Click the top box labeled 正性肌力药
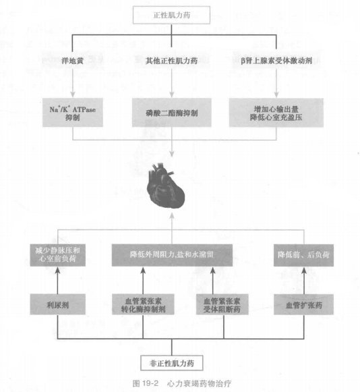[x=171, y=16]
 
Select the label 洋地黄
[x=72, y=61]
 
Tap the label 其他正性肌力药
[x=172, y=61]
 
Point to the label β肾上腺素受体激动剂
[x=276, y=61]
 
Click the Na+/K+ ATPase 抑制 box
[x=73, y=113]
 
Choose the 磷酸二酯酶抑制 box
[x=172, y=113]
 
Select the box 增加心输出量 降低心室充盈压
[x=276, y=113]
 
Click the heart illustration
[x=166, y=185]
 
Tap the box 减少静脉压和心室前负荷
[x=58, y=255]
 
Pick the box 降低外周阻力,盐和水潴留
[x=172, y=255]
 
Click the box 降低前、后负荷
[x=304, y=255]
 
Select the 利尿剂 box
[x=58, y=304]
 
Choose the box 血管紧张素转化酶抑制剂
[x=143, y=304]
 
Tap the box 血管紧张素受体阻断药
[x=222, y=304]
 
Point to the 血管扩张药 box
[x=304, y=304]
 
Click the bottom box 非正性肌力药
[x=172, y=363]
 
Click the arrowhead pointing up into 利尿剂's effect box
[x=58, y=270]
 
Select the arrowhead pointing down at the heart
[x=172, y=154]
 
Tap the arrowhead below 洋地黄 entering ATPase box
[x=73, y=94]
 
